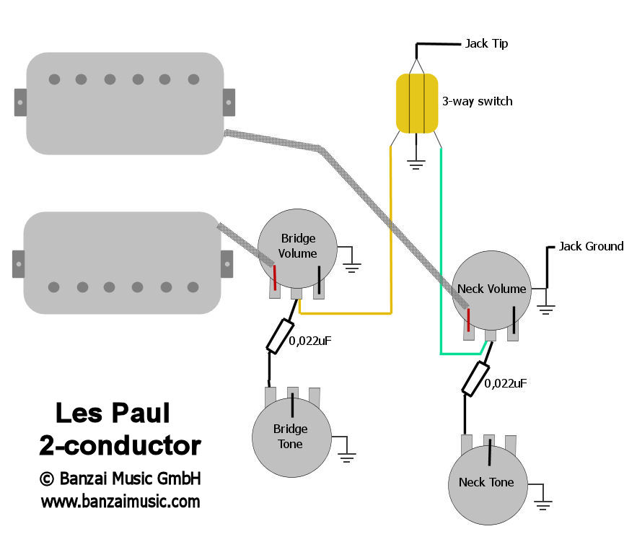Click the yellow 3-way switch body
click(417, 103)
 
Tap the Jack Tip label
click(486, 43)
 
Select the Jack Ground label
click(591, 246)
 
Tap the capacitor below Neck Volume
click(474, 379)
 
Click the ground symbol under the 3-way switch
click(416, 164)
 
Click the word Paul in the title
click(141, 414)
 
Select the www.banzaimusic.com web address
click(120, 501)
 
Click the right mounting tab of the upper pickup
click(229, 101)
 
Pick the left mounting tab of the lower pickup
click(19, 263)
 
